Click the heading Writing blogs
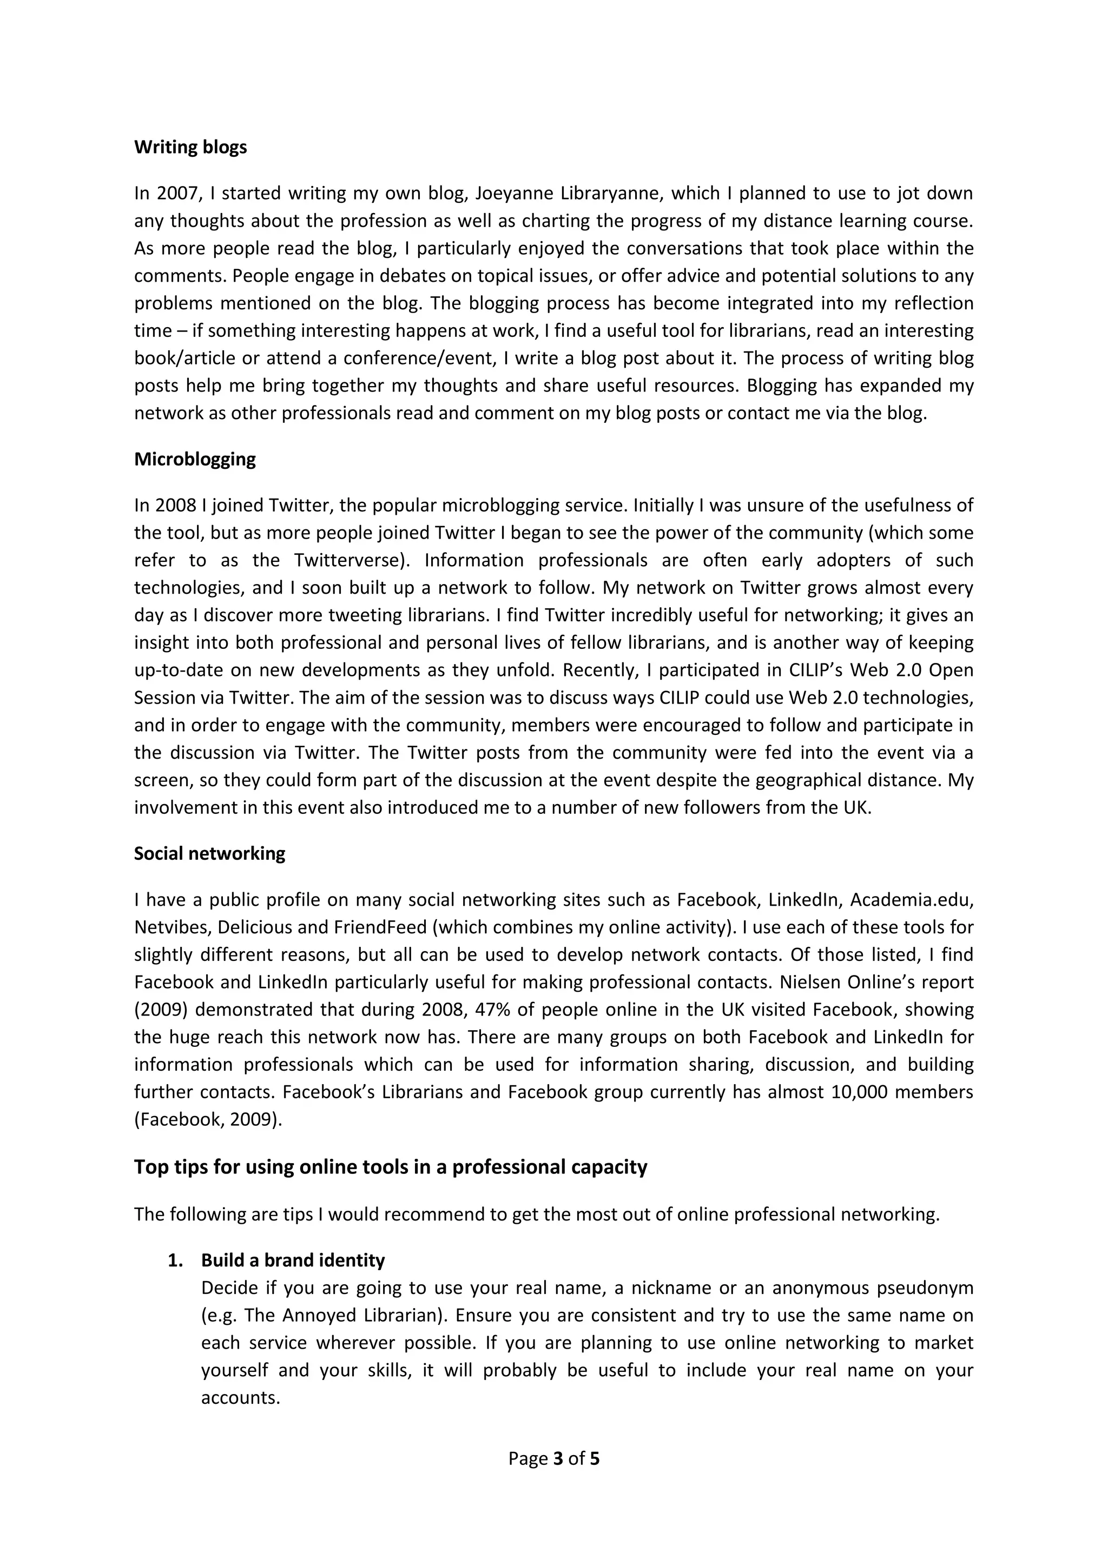(190, 147)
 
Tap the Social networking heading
(209, 853)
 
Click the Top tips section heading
(390, 1167)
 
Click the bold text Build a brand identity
(293, 1260)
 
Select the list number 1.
(175, 1260)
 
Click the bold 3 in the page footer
(558, 1459)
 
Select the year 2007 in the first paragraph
(176, 194)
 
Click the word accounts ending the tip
(240, 1397)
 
